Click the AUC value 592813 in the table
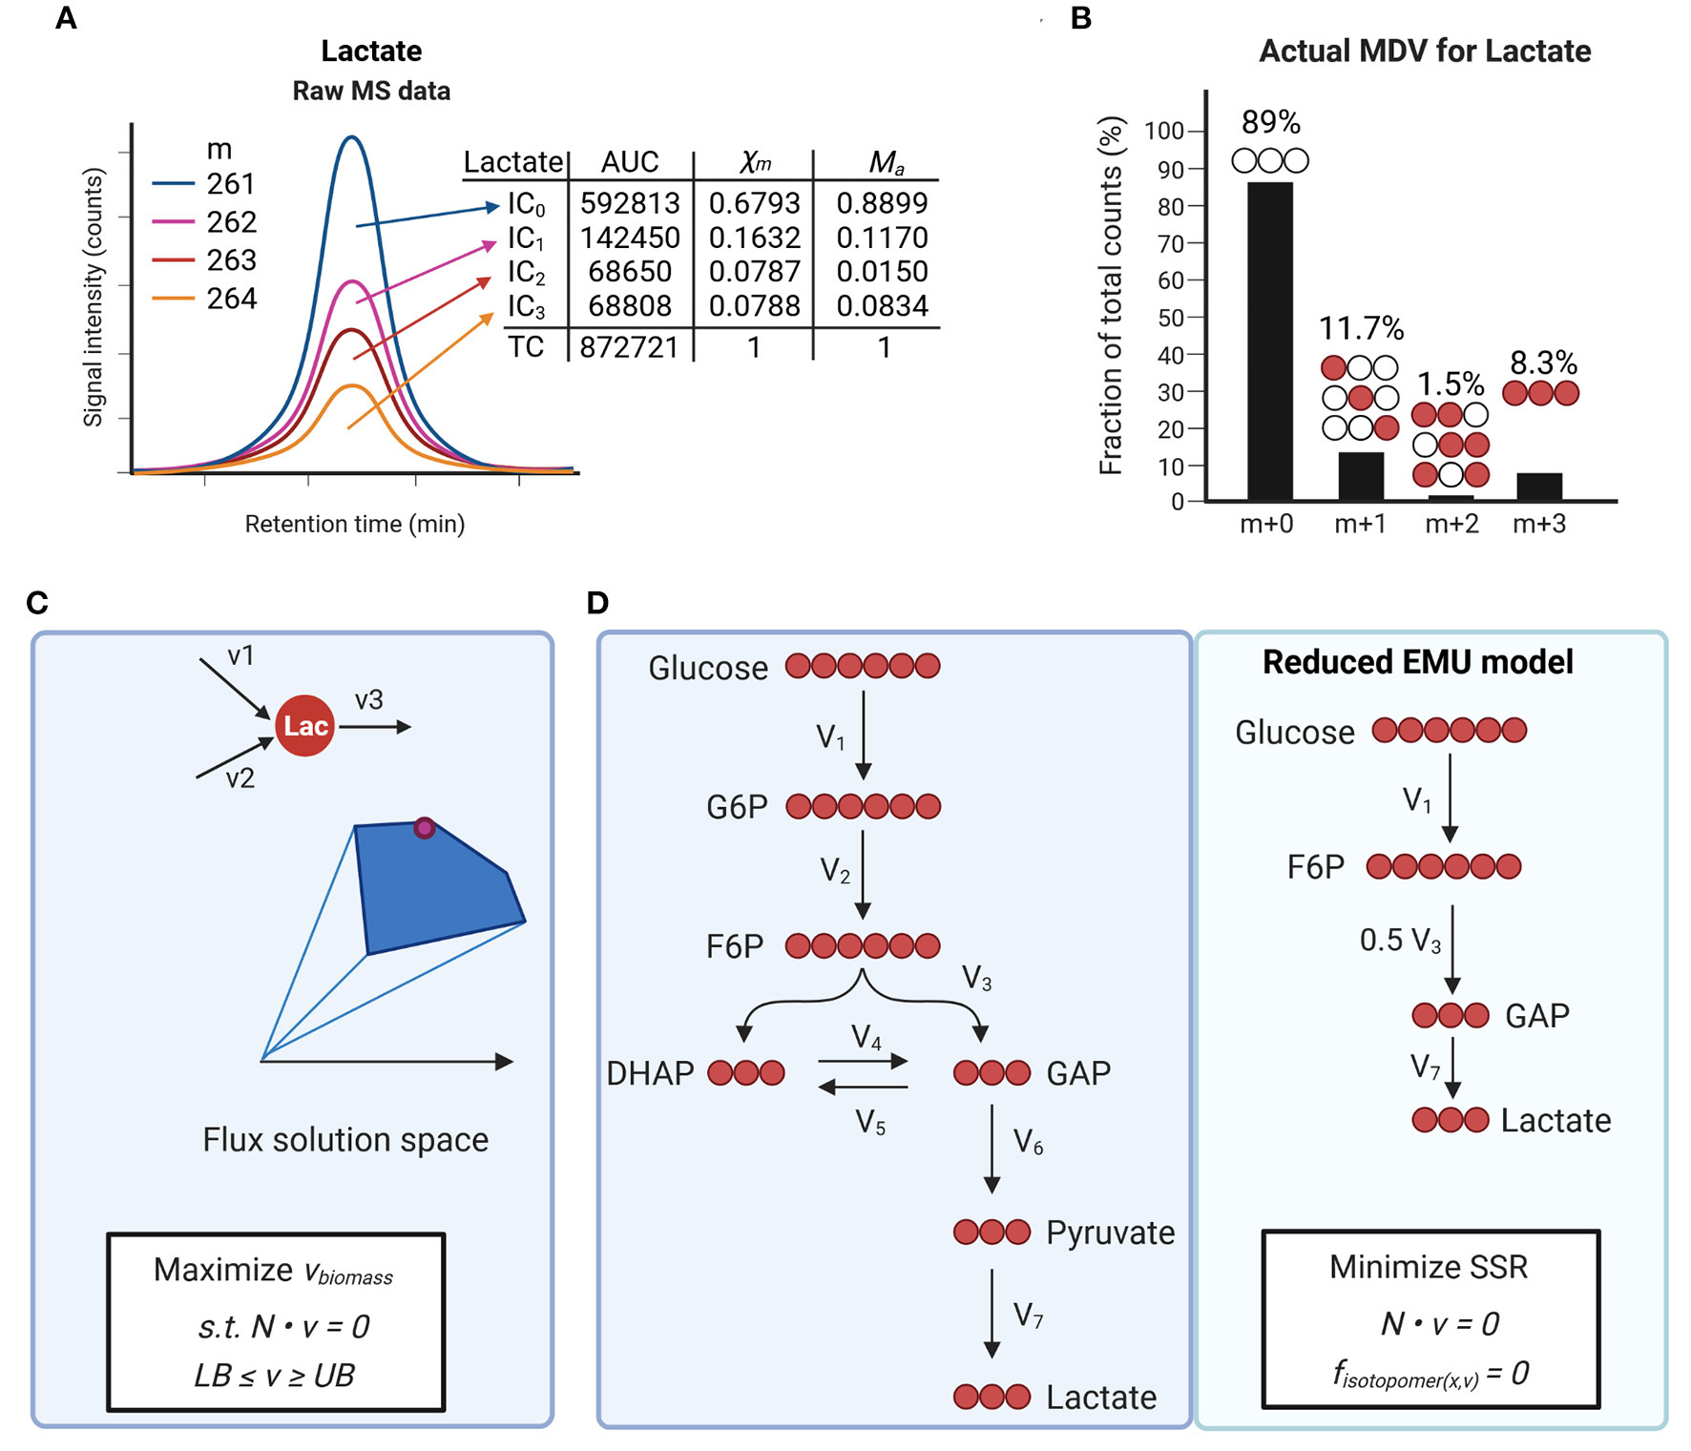[x=630, y=203]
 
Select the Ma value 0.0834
[x=882, y=305]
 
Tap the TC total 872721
[x=629, y=347]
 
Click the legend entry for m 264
[x=231, y=299]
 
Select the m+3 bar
[x=1538, y=487]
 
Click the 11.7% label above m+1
[x=1361, y=328]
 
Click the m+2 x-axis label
[x=1451, y=523]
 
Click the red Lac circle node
[x=304, y=726]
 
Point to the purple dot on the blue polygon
[x=424, y=828]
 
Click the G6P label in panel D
[x=736, y=807]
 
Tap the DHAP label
[x=650, y=1073]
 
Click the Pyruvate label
[x=1110, y=1233]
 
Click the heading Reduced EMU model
[x=1417, y=662]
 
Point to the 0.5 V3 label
[x=1399, y=941]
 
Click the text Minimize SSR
[x=1428, y=1267]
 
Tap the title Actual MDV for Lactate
[x=1424, y=51]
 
